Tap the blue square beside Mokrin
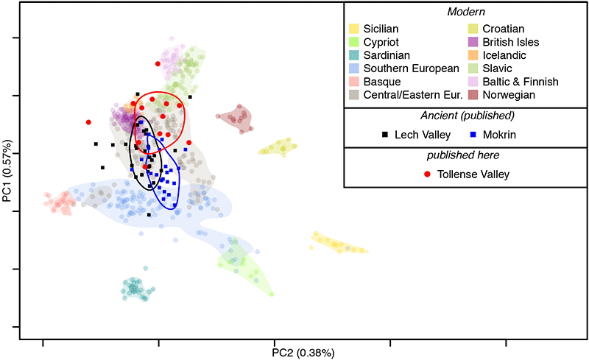[474, 135]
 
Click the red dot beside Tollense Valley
[428, 174]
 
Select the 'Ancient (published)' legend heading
[465, 116]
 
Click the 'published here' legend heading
[465, 155]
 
